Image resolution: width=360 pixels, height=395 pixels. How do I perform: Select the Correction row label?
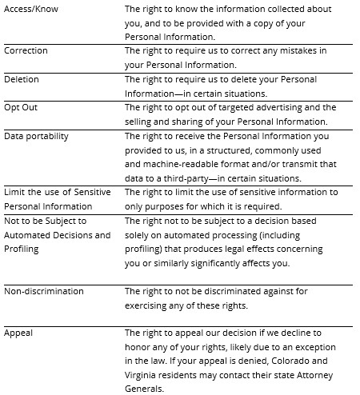[26, 51]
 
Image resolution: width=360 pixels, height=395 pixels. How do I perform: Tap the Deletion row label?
[22, 80]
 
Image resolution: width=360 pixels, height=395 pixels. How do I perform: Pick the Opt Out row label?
[22, 108]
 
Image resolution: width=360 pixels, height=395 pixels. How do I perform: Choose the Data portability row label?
[36, 136]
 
